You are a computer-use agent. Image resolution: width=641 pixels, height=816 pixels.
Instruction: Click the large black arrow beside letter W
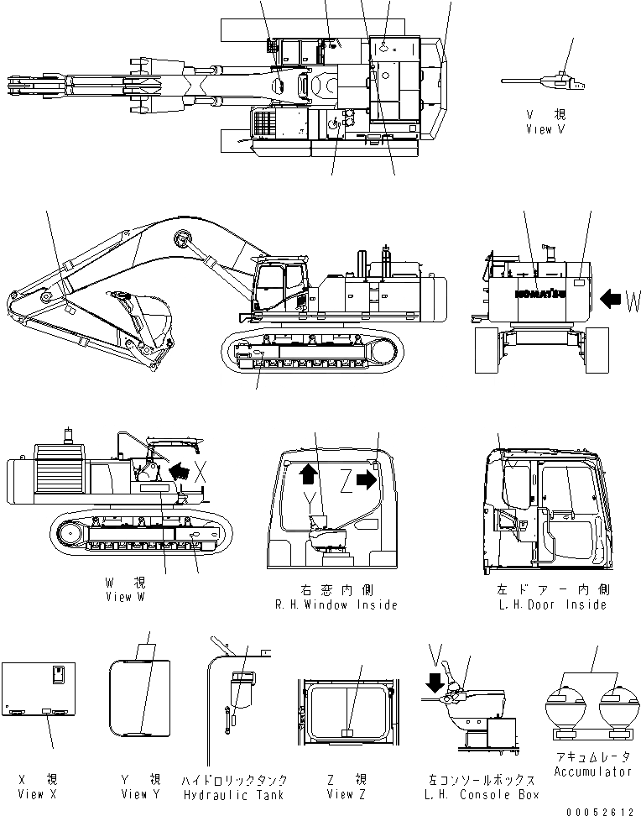coord(612,297)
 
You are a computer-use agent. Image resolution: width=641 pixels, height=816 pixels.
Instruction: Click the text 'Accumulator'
coord(593,771)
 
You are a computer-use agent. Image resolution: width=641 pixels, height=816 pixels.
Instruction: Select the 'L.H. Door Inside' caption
coord(551,604)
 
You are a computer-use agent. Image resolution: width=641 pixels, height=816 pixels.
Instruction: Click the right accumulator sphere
coord(619,707)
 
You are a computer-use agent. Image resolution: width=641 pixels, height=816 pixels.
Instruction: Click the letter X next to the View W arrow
coord(201,469)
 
